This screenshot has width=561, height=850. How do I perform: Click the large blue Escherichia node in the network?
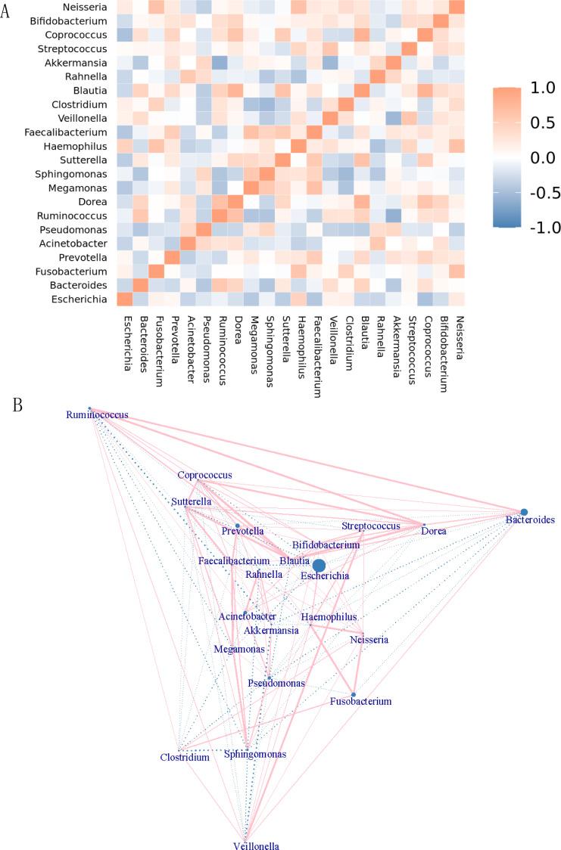tap(319, 566)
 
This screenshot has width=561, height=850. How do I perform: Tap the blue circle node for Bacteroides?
tap(523, 512)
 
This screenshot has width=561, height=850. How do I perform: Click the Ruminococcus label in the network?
tap(97, 415)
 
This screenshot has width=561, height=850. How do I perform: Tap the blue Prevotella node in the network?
tap(237, 526)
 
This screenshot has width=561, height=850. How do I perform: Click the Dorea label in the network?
tap(433, 531)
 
